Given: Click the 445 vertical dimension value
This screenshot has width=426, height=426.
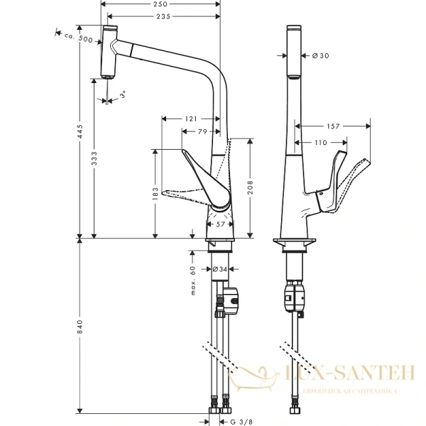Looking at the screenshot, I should point(80,132).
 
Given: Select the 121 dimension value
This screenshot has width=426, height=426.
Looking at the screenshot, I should point(191,119).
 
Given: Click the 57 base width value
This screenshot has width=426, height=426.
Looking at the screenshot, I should point(219,224).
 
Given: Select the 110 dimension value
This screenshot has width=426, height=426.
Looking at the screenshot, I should point(321,143).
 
